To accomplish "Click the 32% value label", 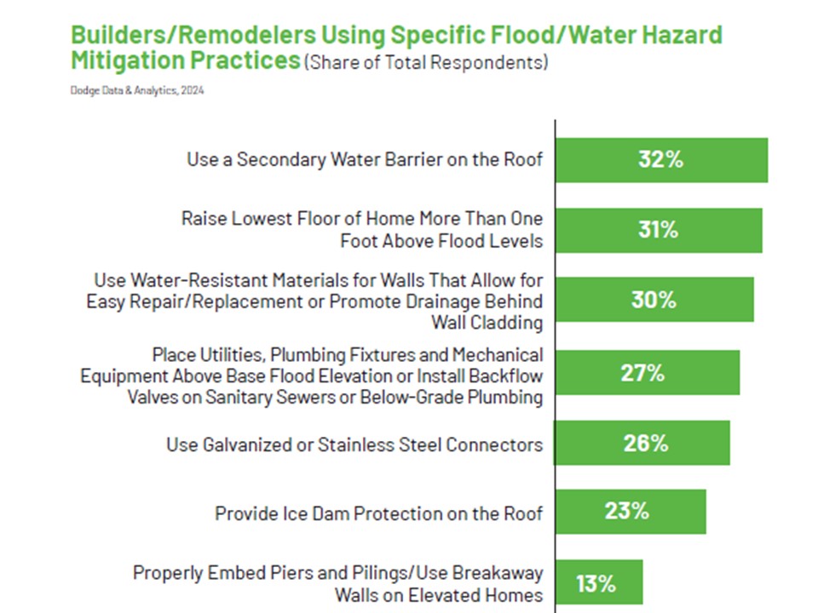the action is (x=660, y=159).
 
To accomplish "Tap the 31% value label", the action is (x=658, y=230).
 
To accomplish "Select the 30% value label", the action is (x=654, y=300).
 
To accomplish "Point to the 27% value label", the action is (x=642, y=373).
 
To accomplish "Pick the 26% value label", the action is (x=645, y=444).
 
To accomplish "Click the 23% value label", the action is (x=626, y=512).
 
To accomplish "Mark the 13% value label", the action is (x=596, y=584).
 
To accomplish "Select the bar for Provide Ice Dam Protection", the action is (x=631, y=512).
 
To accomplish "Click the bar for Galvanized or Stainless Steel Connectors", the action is (x=642, y=443).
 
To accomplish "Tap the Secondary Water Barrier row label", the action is (x=365, y=159).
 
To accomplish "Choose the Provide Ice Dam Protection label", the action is (x=378, y=514).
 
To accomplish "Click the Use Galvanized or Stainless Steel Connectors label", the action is (x=354, y=444).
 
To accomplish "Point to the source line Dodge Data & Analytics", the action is (x=137, y=91).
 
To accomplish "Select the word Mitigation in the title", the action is (x=126, y=60).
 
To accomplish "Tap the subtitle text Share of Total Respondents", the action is (x=426, y=62).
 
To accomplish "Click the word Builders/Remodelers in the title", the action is (x=193, y=35).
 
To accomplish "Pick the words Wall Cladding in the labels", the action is (x=487, y=323).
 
